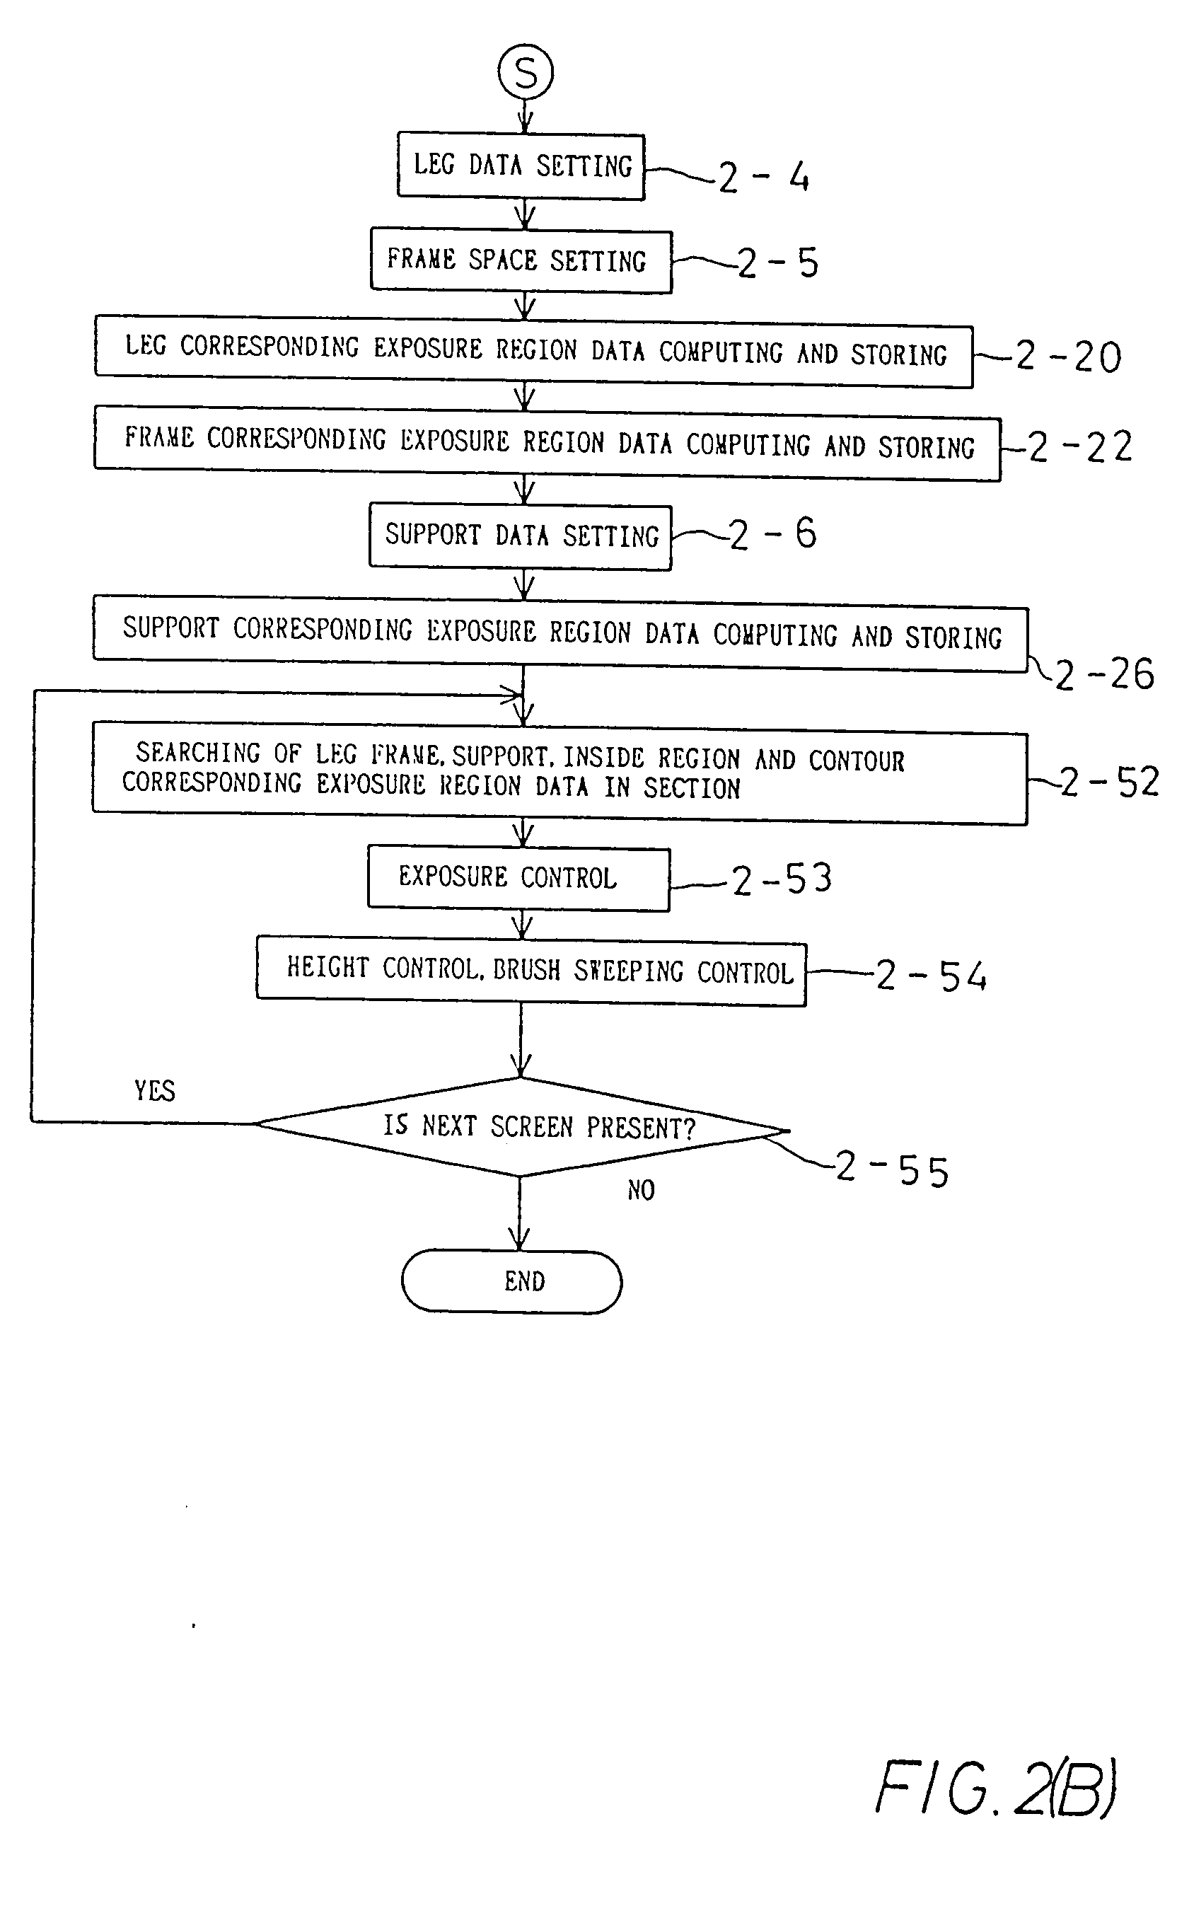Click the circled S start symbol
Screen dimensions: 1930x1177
(x=526, y=72)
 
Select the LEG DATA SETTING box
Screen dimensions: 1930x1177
(x=521, y=166)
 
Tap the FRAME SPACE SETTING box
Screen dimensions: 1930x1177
(x=521, y=261)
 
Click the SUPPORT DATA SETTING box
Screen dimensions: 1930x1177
(x=520, y=536)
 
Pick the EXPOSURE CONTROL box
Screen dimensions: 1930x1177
(x=518, y=878)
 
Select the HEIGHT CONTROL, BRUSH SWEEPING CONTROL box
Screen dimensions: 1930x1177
(x=531, y=971)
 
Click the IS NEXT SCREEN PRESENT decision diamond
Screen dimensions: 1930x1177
(x=521, y=1126)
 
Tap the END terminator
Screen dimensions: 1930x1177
(x=512, y=1281)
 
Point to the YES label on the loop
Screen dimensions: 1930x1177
(x=154, y=1090)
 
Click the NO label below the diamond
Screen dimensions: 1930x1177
(x=641, y=1190)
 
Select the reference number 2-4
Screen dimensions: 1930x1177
(x=763, y=177)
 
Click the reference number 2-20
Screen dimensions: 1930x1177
(x=1069, y=357)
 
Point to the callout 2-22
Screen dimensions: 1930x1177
(x=1080, y=447)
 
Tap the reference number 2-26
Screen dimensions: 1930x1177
(x=1104, y=674)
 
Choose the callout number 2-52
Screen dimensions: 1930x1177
(x=1109, y=782)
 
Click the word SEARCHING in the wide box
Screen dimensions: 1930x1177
(x=198, y=753)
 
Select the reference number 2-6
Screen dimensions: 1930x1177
(x=773, y=535)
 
